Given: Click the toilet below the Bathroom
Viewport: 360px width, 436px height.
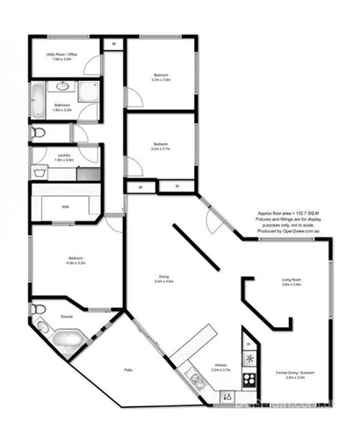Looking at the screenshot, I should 38,133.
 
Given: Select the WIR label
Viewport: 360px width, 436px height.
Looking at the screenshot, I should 66,207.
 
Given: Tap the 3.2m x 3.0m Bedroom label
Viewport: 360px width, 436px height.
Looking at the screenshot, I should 160,76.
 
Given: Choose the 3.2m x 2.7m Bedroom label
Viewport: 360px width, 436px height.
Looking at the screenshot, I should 160,146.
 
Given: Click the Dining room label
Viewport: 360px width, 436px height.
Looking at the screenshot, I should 164,279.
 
